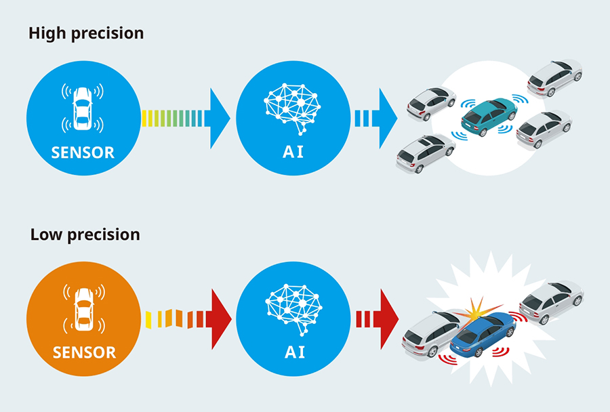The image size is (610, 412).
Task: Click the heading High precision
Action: coord(86,33)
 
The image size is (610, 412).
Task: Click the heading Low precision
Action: coord(85,234)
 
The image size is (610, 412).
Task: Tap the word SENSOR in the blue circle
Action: coord(83,152)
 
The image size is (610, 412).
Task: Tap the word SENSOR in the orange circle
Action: coord(84,352)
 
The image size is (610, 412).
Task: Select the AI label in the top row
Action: coord(293,152)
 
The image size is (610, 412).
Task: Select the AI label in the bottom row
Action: coord(293,352)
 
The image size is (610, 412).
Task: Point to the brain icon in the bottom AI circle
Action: coord(293,307)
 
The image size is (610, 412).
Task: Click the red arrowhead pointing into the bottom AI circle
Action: coord(219,318)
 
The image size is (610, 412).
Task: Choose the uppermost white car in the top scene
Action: coord(554,77)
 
